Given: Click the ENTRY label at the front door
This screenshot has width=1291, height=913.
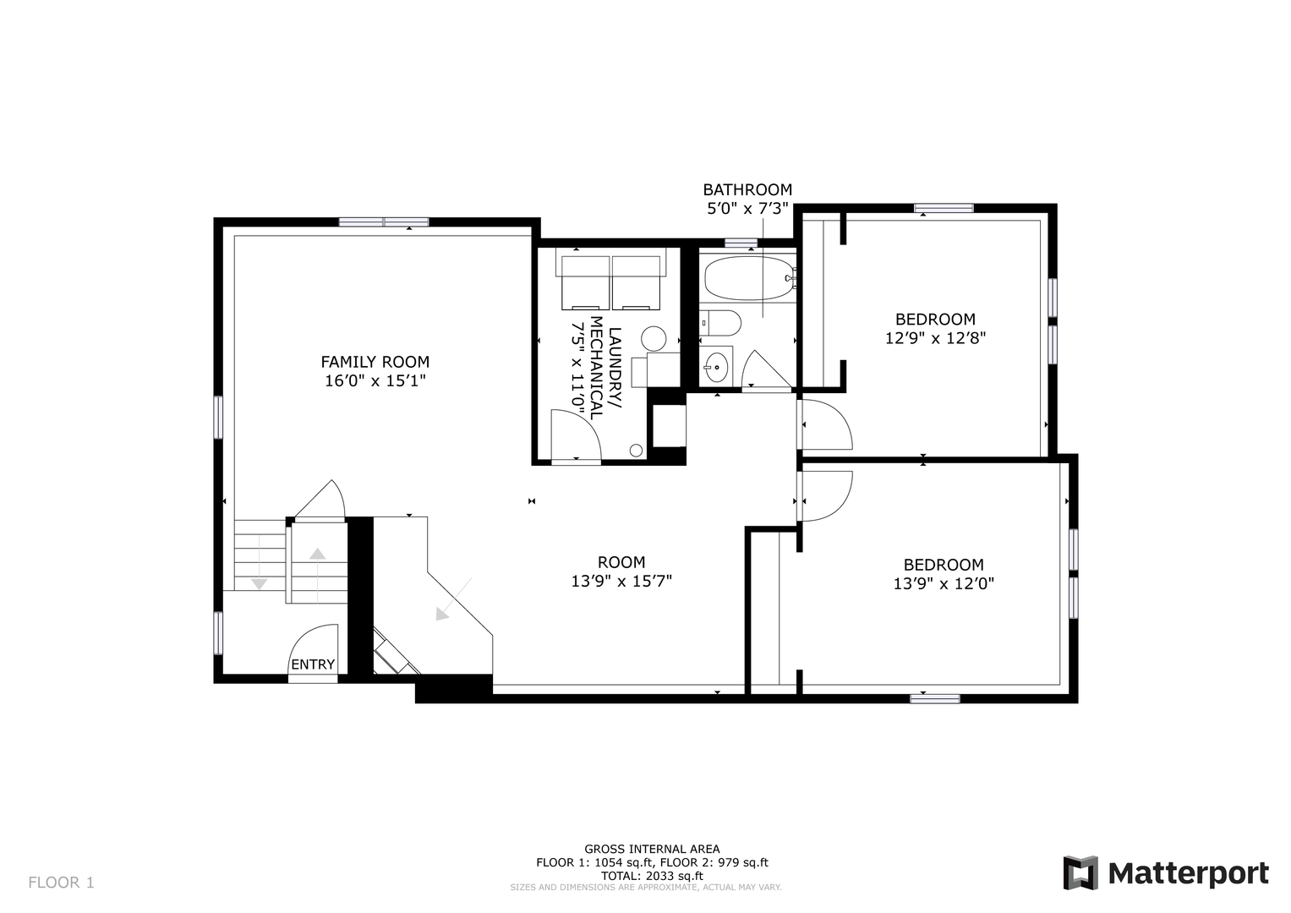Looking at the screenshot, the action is tap(312, 664).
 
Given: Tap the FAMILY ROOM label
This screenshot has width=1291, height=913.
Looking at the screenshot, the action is tap(375, 362).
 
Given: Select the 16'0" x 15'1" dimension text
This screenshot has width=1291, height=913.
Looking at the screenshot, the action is tap(375, 381).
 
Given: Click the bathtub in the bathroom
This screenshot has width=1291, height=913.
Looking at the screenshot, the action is tap(749, 278).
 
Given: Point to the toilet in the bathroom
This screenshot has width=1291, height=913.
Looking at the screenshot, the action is tap(719, 323).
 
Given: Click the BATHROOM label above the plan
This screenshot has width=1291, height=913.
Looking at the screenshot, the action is tap(747, 189).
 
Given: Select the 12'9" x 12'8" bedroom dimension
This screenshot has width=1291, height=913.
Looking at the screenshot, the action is tap(935, 338).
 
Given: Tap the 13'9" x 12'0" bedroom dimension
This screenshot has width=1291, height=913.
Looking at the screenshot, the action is tap(944, 584).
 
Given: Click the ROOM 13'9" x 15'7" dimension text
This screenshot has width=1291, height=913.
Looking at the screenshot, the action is tap(621, 581).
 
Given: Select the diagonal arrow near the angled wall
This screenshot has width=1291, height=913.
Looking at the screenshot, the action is tap(453, 599).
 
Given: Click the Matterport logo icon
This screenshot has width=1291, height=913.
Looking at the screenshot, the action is tap(1080, 872).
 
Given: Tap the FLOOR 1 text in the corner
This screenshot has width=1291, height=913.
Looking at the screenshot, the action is tap(61, 883).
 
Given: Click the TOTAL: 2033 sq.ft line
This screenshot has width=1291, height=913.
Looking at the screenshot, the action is tap(652, 876).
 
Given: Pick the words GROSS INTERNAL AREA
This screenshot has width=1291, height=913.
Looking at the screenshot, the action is tap(652, 849).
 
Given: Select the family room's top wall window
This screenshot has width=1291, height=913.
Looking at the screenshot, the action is tap(384, 221).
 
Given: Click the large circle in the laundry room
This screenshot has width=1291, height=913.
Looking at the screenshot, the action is tap(654, 339).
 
